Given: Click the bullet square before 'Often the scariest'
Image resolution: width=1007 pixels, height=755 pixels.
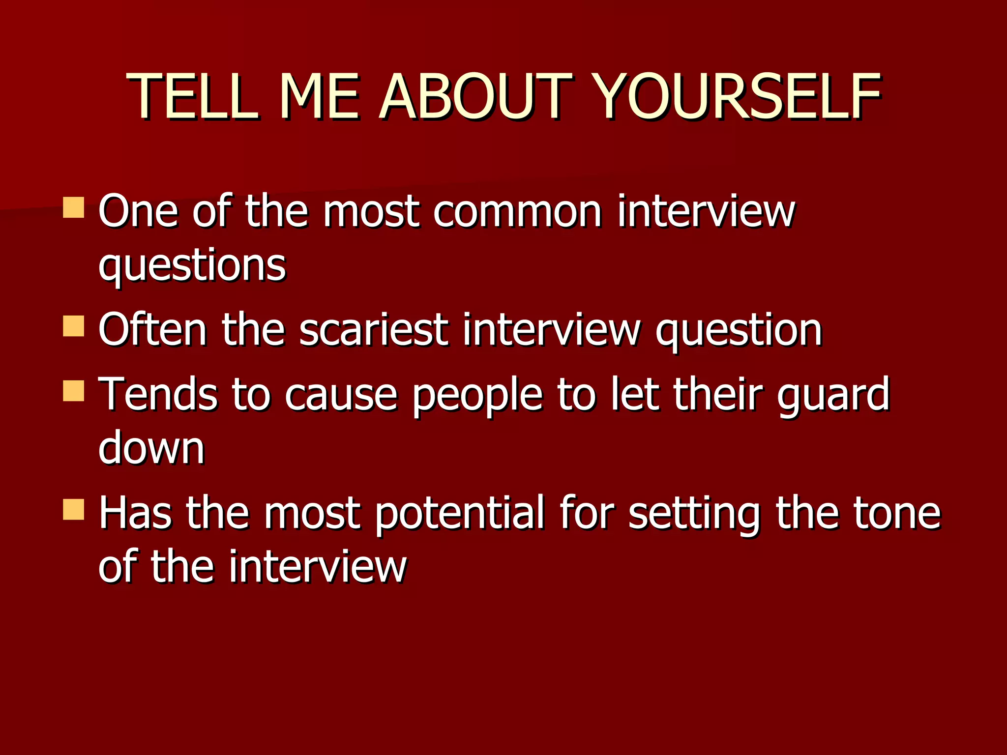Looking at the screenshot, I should pyautogui.click(x=74, y=326).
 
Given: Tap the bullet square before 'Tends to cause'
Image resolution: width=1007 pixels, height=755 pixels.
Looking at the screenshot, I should pyautogui.click(x=74, y=391).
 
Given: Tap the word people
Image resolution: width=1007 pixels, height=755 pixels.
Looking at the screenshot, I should pyautogui.click(x=477, y=396).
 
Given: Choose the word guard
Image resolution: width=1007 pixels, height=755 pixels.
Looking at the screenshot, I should pyautogui.click(x=833, y=396).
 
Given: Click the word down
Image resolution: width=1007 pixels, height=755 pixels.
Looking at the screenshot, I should pyautogui.click(x=151, y=448).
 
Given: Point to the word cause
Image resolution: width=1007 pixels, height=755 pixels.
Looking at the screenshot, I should pyautogui.click(x=341, y=396).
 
